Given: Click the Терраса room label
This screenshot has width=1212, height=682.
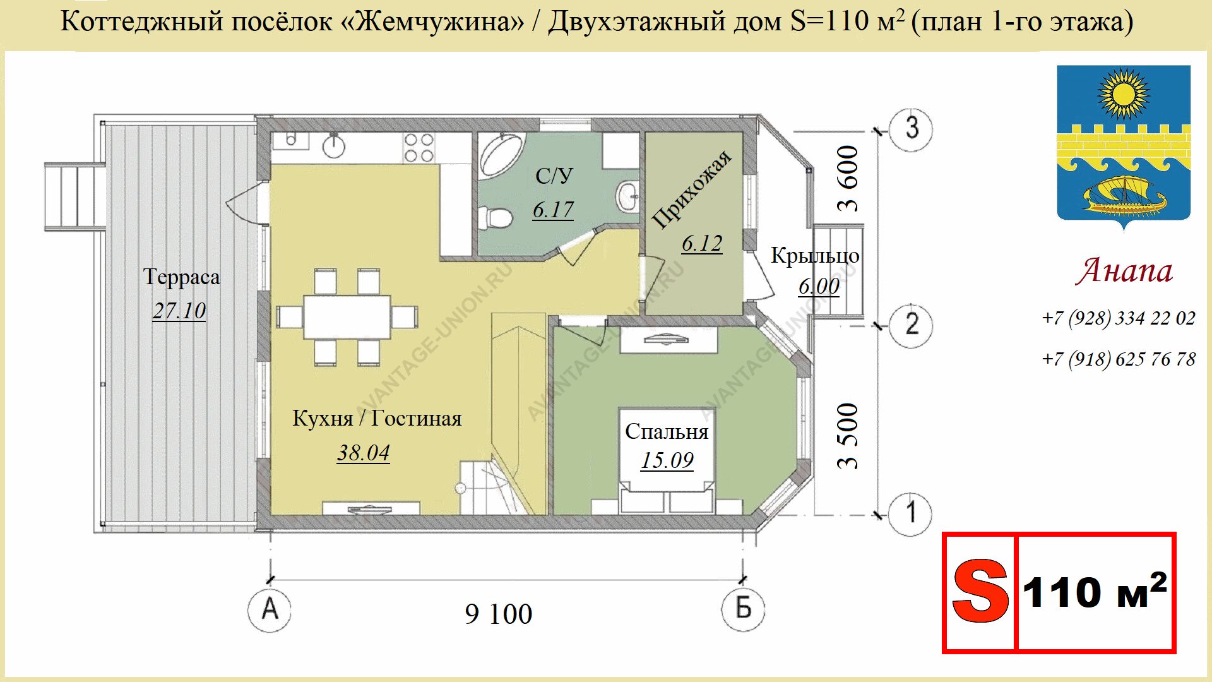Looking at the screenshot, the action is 182,277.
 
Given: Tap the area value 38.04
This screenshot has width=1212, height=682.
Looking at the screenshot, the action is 364,452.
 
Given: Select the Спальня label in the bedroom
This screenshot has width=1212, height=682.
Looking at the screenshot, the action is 667,431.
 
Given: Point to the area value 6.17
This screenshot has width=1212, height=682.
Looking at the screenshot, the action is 553,209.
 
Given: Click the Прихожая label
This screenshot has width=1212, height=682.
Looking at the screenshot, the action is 692,189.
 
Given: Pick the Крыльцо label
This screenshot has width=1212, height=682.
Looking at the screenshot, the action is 815,256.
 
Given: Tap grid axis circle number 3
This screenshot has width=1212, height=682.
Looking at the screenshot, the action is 910,129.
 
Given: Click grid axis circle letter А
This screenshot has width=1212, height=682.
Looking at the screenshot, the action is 270,609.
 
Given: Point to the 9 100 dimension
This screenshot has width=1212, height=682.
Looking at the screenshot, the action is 499,614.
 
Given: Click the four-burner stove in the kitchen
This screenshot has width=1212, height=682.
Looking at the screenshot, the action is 419,148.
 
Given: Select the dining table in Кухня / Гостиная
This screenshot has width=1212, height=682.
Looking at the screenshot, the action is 347,317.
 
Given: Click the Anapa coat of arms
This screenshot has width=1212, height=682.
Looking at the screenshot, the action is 1124,146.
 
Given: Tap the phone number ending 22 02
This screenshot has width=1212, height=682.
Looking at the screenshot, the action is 1119,318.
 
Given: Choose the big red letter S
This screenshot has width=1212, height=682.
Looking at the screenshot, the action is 980,592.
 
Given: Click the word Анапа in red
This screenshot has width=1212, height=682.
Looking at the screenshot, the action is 1124,271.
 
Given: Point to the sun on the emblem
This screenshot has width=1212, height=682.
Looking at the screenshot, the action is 1124,95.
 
